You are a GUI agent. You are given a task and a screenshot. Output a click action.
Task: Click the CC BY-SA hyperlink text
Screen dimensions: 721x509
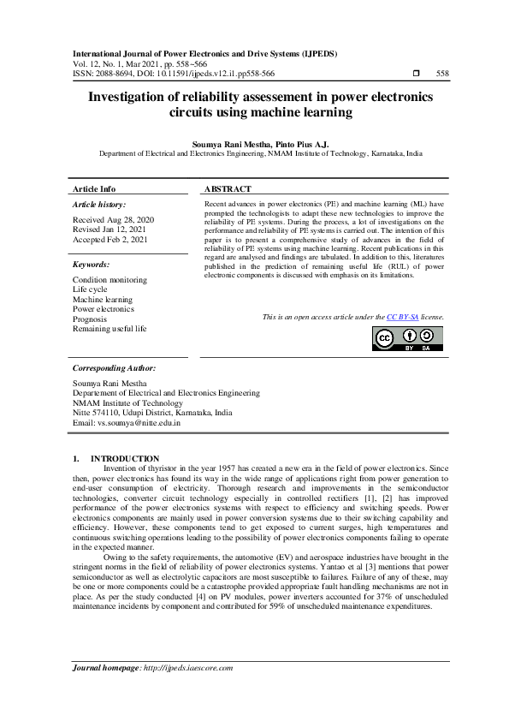(401, 317)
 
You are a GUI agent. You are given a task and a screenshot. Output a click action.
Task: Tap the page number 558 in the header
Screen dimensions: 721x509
(442, 74)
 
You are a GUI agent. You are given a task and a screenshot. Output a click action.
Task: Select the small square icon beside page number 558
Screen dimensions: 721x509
(416, 74)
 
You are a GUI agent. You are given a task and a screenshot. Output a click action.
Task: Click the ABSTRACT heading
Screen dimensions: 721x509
(228, 188)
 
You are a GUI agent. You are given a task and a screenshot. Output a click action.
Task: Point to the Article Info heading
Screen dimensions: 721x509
(94, 188)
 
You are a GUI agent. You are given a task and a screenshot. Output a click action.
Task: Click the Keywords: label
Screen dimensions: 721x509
(92, 265)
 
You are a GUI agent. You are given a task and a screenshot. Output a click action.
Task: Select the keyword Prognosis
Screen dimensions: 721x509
(90, 319)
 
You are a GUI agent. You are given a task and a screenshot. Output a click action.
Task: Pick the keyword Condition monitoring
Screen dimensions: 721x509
(109, 280)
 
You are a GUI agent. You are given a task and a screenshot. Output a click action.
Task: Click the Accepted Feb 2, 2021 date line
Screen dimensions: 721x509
(110, 240)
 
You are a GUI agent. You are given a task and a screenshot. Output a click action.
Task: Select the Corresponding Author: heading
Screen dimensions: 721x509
(114, 367)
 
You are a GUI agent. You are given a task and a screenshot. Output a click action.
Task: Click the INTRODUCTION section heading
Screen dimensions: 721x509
(125, 459)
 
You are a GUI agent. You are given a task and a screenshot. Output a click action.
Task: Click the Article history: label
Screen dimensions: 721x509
(99, 205)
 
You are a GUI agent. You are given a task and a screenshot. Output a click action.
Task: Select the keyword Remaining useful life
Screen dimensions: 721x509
(109, 328)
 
